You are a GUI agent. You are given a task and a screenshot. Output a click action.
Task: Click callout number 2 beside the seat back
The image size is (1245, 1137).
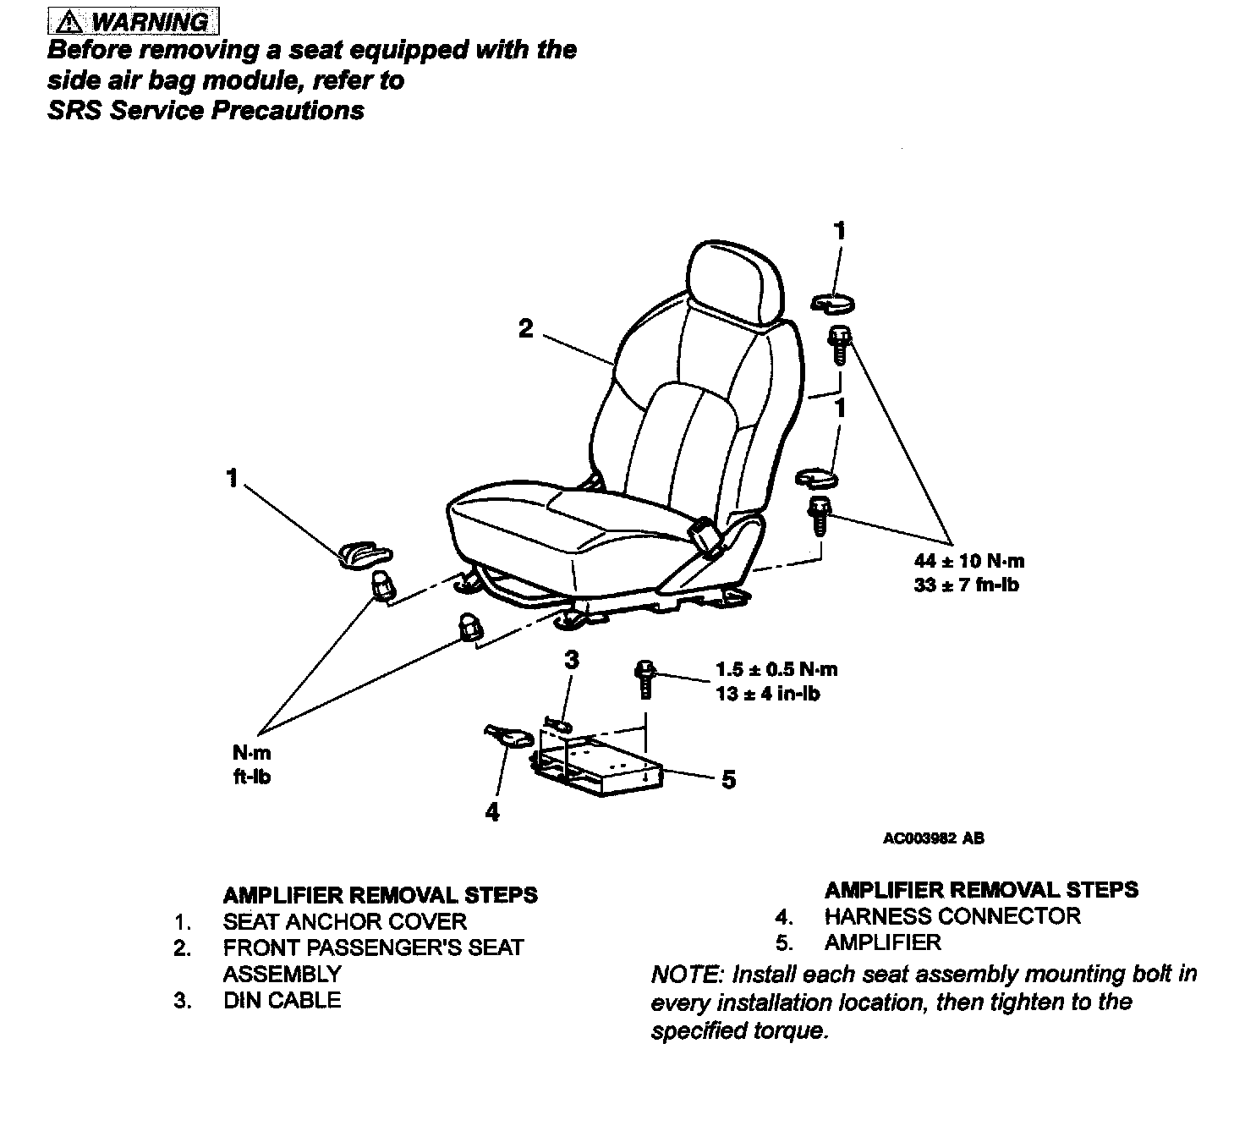[526, 328]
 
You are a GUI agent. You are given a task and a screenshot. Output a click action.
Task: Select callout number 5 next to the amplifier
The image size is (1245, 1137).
[729, 779]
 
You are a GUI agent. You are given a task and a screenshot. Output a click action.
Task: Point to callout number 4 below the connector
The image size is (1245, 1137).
[492, 813]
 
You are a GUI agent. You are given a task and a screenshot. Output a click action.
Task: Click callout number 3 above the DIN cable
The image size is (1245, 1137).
[572, 660]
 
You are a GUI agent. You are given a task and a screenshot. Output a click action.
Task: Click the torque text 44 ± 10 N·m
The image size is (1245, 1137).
[969, 561]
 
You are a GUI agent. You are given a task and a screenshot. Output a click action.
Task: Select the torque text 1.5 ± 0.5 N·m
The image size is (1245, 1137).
[776, 670]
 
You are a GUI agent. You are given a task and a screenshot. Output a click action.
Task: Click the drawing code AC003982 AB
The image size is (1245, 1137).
[934, 839]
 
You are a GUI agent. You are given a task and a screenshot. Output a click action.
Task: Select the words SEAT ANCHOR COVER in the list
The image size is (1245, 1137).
[345, 921]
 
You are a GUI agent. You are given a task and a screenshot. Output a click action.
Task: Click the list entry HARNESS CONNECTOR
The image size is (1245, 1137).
[952, 916]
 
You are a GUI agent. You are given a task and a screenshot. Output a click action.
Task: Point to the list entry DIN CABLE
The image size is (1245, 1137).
[282, 1000]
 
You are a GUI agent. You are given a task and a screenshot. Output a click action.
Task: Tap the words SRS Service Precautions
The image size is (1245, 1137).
[206, 111]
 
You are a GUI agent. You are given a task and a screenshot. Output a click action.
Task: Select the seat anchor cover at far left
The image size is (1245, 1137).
[365, 555]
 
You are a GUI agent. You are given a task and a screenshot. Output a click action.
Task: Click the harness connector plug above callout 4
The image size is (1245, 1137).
[508, 736]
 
